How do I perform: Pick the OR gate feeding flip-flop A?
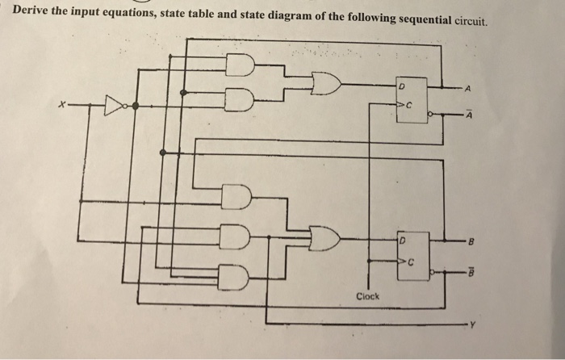[x=324, y=82]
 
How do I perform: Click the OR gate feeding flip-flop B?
[x=324, y=237]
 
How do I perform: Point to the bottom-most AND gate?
[x=236, y=277]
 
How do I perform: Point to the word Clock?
[x=368, y=296]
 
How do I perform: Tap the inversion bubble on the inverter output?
[x=133, y=105]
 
